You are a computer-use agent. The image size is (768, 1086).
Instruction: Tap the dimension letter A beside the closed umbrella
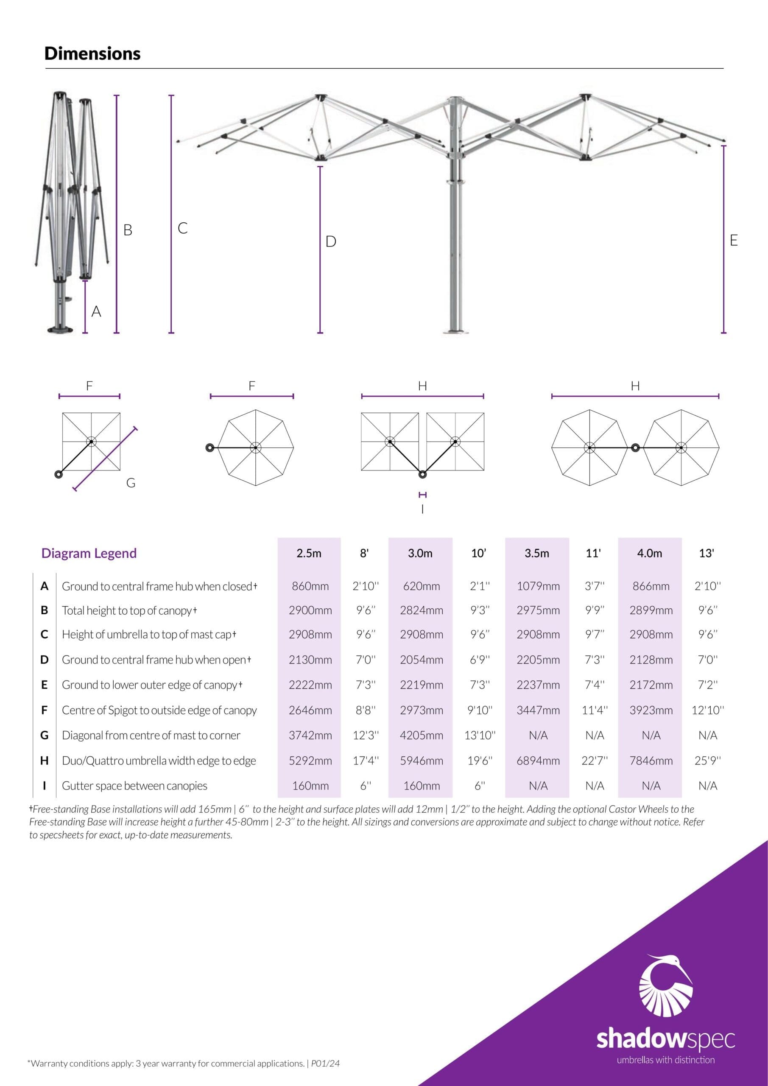96,311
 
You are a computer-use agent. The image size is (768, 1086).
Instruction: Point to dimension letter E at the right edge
734,240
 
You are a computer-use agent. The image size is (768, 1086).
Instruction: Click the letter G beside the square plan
131,483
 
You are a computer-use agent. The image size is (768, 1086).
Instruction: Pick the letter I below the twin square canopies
422,509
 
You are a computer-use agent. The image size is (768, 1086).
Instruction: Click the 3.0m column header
420,553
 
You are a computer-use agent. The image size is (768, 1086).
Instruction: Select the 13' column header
706,553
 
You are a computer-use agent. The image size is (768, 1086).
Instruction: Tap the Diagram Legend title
89,553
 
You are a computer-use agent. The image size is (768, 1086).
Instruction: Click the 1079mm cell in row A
538,586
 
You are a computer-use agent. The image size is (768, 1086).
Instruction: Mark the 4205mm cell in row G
422,735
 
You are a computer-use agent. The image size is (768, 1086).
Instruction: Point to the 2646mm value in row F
310,710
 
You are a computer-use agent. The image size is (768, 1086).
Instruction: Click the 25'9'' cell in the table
707,761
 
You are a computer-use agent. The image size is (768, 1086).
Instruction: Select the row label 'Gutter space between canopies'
134,786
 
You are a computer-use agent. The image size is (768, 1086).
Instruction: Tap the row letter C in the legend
45,634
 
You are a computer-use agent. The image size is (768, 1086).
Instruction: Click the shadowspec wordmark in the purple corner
665,1039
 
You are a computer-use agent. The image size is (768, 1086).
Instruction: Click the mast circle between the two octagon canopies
636,448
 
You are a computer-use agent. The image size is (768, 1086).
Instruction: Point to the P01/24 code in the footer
325,1063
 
